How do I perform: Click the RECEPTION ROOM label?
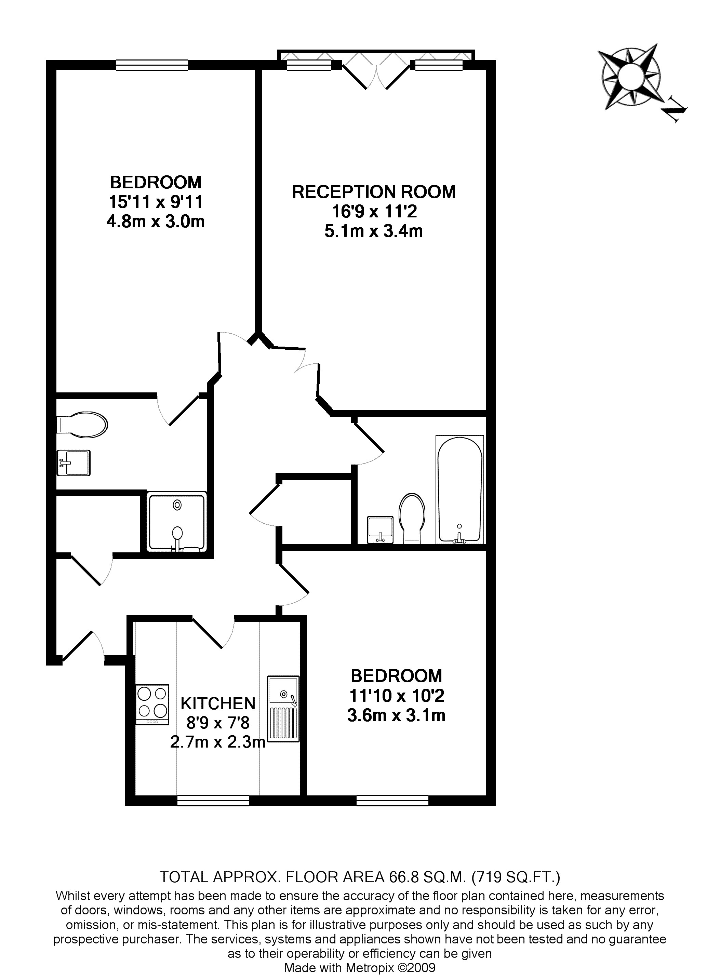pyautogui.click(x=374, y=192)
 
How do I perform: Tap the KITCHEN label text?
pyautogui.click(x=218, y=703)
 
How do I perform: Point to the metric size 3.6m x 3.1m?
pyautogui.click(x=396, y=716)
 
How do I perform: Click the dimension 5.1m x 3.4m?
pyautogui.click(x=374, y=231)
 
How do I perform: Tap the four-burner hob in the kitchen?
pyautogui.click(x=152, y=704)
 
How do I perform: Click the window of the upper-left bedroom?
pyautogui.click(x=152, y=65)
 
